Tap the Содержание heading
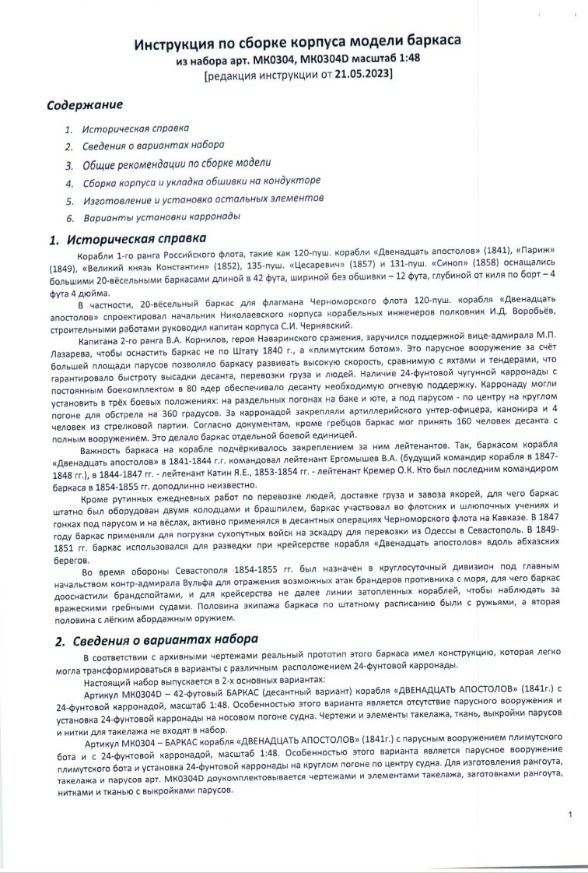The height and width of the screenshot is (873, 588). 85,104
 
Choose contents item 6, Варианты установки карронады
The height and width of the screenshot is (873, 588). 162,216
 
